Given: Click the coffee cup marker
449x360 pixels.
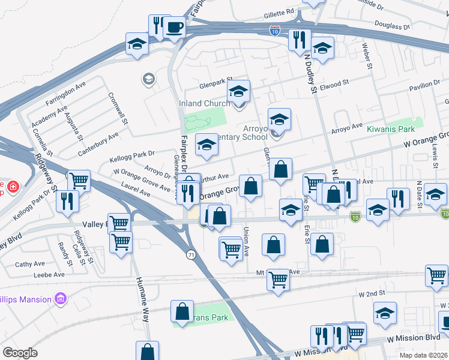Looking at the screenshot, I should click(174, 28).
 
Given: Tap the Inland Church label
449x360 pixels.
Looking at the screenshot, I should click(204, 103).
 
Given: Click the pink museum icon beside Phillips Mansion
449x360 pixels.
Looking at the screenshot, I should click(59, 298).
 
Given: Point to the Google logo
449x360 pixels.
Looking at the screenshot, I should click(20, 353).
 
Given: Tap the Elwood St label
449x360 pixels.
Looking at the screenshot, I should click(334, 85).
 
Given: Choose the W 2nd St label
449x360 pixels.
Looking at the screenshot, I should click(371, 294).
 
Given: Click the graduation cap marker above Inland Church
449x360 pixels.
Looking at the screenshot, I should click(238, 91).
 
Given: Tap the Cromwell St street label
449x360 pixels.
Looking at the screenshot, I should click(118, 108).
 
